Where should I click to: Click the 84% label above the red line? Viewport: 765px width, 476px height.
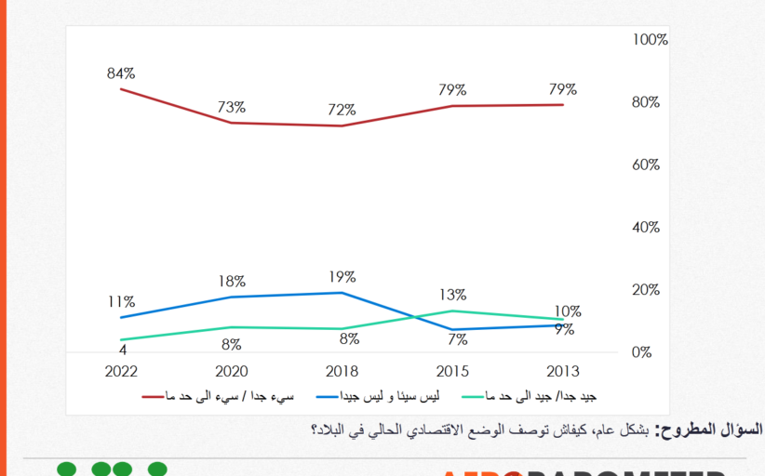tap(122, 73)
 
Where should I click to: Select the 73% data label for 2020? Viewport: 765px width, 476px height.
tap(232, 107)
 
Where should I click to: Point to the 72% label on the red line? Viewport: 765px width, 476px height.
tap(342, 110)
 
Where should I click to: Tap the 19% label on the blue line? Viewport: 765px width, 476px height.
tap(342, 277)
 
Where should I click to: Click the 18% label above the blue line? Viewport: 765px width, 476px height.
tap(232, 281)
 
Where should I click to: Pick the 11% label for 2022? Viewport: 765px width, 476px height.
tap(121, 302)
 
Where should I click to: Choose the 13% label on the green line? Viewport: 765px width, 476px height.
tap(452, 295)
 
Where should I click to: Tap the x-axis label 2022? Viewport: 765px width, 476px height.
tap(121, 371)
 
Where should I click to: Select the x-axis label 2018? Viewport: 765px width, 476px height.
tap(342, 371)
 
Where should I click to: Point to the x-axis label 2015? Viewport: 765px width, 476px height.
tap(452, 371)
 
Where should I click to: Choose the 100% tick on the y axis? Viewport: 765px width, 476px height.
tap(650, 40)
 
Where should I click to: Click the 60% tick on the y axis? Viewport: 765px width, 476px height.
tap(647, 165)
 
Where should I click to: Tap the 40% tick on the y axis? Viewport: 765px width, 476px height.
tap(647, 228)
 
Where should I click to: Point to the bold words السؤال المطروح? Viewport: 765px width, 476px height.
tap(709, 430)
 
